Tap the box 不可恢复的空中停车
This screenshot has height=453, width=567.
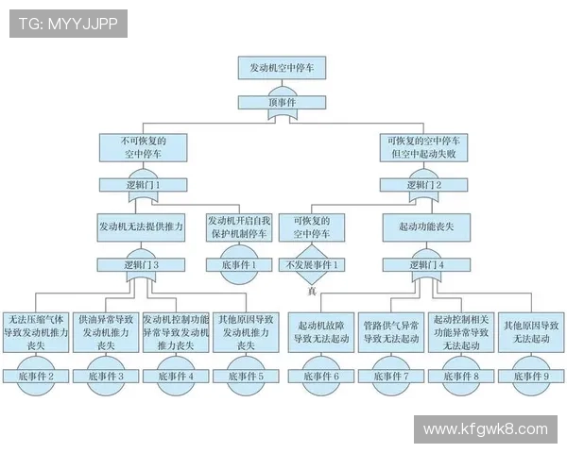[x=143, y=147]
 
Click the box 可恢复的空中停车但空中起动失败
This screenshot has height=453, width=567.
[x=423, y=147]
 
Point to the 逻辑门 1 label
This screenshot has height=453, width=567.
[x=143, y=185]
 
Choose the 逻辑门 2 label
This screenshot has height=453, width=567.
[x=423, y=185]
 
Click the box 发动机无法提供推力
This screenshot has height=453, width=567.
[x=142, y=227]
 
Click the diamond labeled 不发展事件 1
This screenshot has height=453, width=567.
[x=312, y=265]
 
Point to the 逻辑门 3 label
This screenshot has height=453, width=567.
[x=142, y=265]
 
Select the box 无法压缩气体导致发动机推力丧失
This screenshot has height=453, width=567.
[x=37, y=332]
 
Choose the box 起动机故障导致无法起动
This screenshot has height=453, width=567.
[x=320, y=332]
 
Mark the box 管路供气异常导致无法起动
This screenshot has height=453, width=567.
[x=391, y=332]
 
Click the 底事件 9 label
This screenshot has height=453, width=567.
[x=530, y=376]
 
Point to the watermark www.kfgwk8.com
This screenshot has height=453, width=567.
[x=485, y=429]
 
